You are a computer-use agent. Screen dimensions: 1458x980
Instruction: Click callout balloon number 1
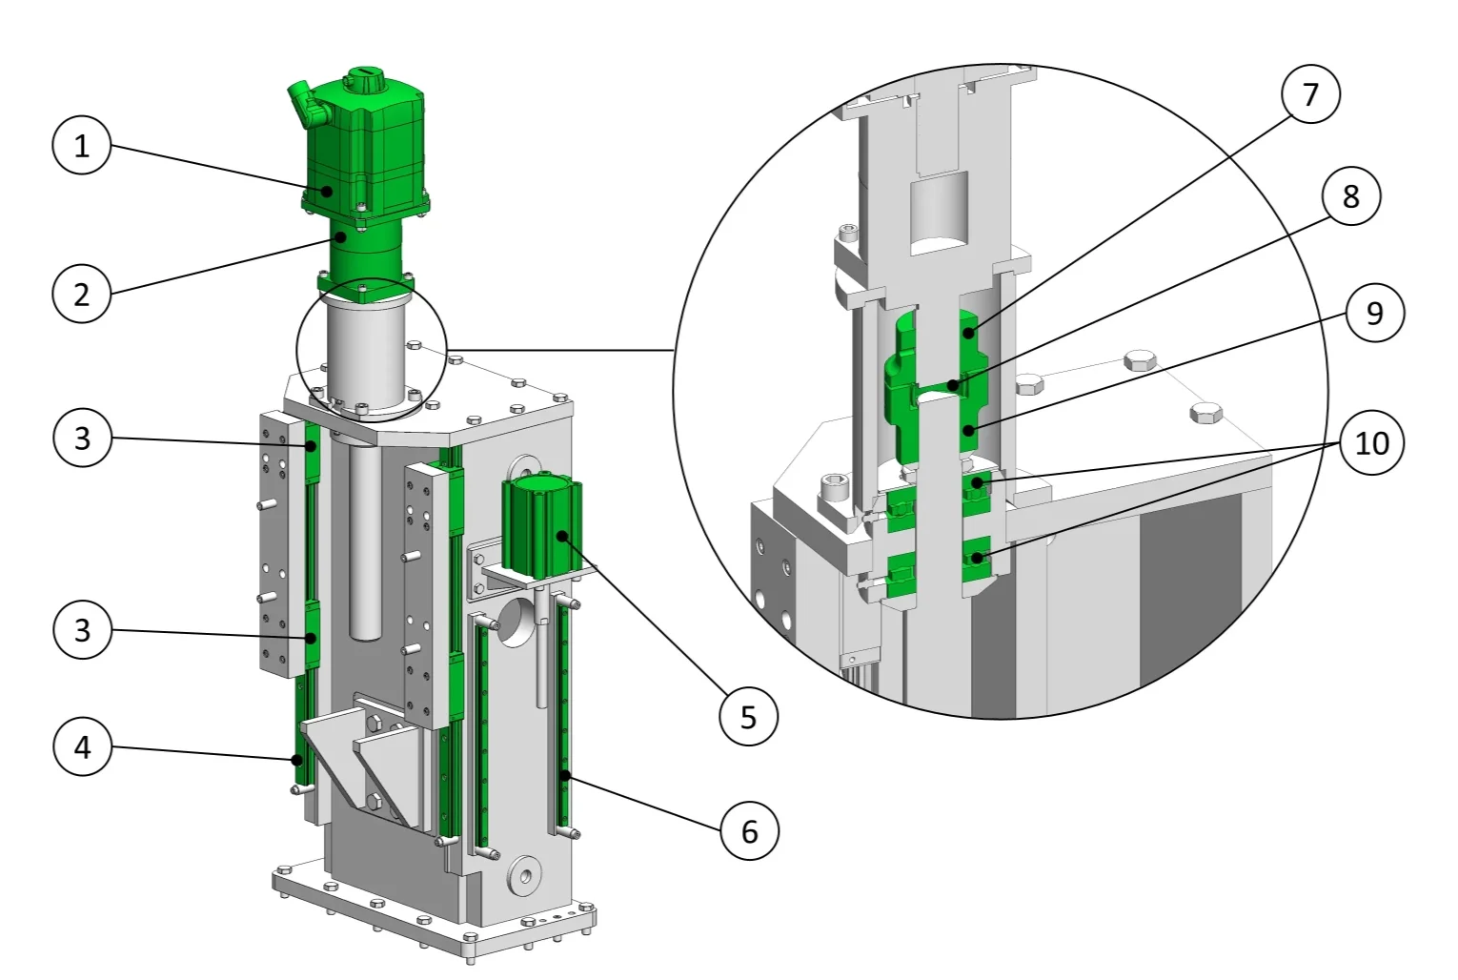click(x=81, y=145)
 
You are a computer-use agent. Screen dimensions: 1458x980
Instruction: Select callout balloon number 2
click(x=81, y=294)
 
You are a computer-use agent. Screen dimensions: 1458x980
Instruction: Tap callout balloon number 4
click(x=82, y=746)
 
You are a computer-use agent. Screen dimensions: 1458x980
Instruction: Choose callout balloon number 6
click(x=749, y=831)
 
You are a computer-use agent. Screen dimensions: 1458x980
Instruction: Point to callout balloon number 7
click(x=1311, y=94)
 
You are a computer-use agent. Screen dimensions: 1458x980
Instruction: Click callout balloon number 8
click(x=1351, y=196)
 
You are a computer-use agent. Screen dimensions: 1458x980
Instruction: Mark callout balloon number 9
click(x=1375, y=313)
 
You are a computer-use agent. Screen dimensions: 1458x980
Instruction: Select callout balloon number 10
click(x=1371, y=442)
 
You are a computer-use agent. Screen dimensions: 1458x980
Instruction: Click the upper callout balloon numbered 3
click(x=82, y=438)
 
